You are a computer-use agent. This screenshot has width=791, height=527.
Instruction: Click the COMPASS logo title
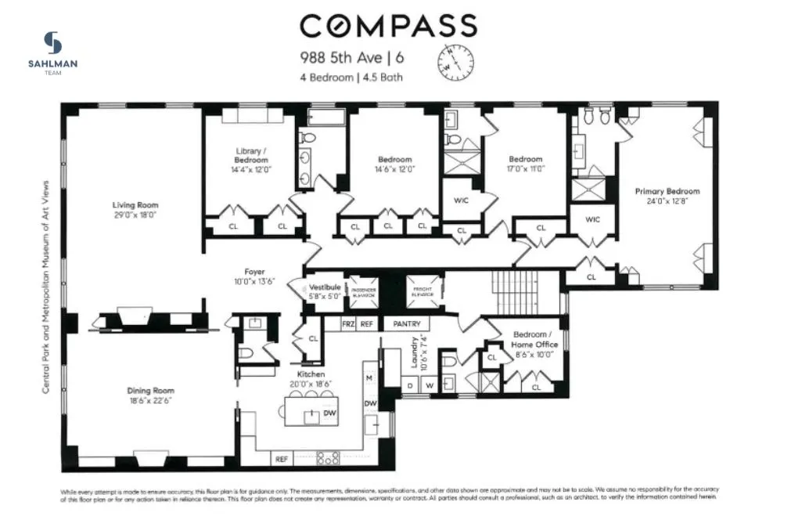389,25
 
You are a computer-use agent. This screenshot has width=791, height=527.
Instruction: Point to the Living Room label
135,205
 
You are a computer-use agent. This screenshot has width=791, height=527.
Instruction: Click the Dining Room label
151,390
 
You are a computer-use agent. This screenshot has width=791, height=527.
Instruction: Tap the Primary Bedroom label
667,191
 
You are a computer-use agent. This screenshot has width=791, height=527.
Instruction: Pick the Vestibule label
324,287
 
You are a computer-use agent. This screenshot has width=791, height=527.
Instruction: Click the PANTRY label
407,323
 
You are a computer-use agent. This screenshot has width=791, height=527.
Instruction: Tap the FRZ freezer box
348,323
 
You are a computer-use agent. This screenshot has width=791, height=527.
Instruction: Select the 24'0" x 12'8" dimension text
667,200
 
